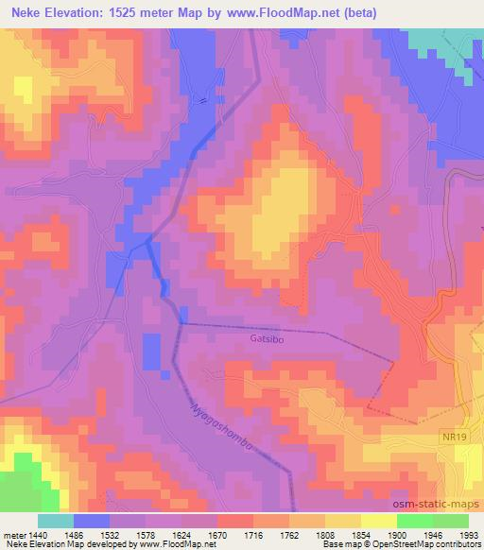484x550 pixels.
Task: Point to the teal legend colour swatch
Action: (56, 521)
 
